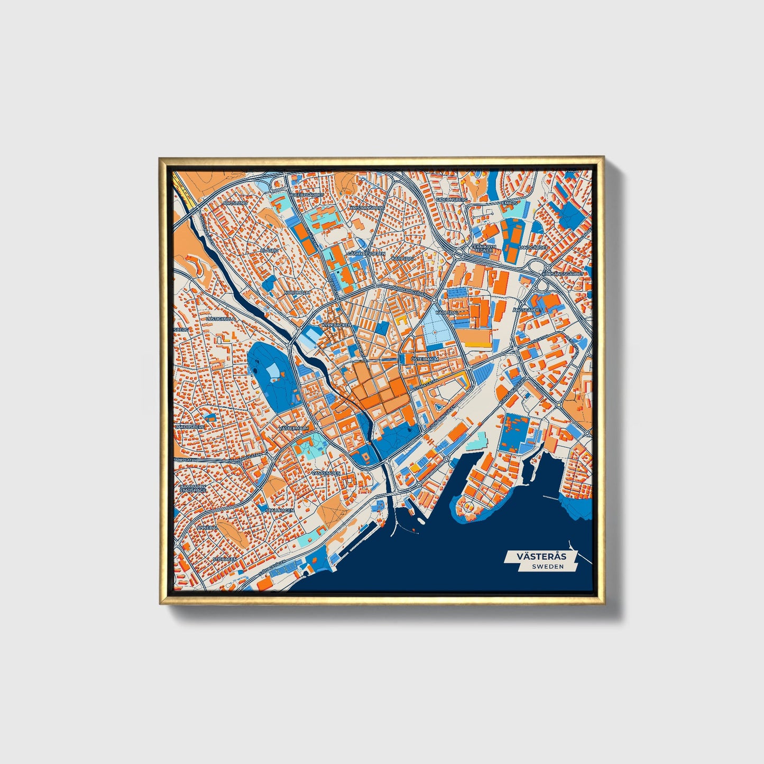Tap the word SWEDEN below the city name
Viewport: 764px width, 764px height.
548,566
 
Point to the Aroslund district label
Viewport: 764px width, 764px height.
235,203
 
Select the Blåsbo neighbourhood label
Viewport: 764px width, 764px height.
270,250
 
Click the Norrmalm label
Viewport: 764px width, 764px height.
297,292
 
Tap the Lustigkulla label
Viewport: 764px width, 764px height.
220,319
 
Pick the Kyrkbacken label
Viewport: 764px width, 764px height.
336,325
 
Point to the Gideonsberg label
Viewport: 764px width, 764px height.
451,200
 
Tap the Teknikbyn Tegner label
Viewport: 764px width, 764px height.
484,248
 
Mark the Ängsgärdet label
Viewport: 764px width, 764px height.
528,310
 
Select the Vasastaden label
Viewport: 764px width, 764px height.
326,473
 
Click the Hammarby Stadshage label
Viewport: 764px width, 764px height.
192,488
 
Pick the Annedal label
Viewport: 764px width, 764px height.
207,528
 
